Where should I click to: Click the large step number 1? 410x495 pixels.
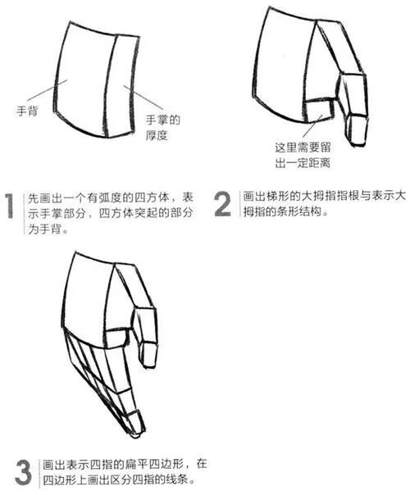click(10, 206)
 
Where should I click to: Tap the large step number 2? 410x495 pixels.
click(223, 205)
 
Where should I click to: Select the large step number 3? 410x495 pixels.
click(24, 472)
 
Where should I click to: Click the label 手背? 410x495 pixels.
click(27, 111)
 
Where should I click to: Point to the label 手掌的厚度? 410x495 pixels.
click(162, 128)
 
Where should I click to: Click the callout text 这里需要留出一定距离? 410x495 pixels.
click(303, 156)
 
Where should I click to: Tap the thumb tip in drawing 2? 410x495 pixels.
click(358, 144)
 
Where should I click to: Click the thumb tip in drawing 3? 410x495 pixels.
click(150, 366)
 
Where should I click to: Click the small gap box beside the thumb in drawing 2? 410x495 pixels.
click(319, 111)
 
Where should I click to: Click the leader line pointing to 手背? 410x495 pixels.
click(47, 90)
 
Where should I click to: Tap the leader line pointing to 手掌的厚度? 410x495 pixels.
click(143, 97)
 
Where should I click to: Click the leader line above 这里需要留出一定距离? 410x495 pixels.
click(312, 125)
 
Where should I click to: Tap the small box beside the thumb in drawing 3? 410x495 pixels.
click(116, 339)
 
